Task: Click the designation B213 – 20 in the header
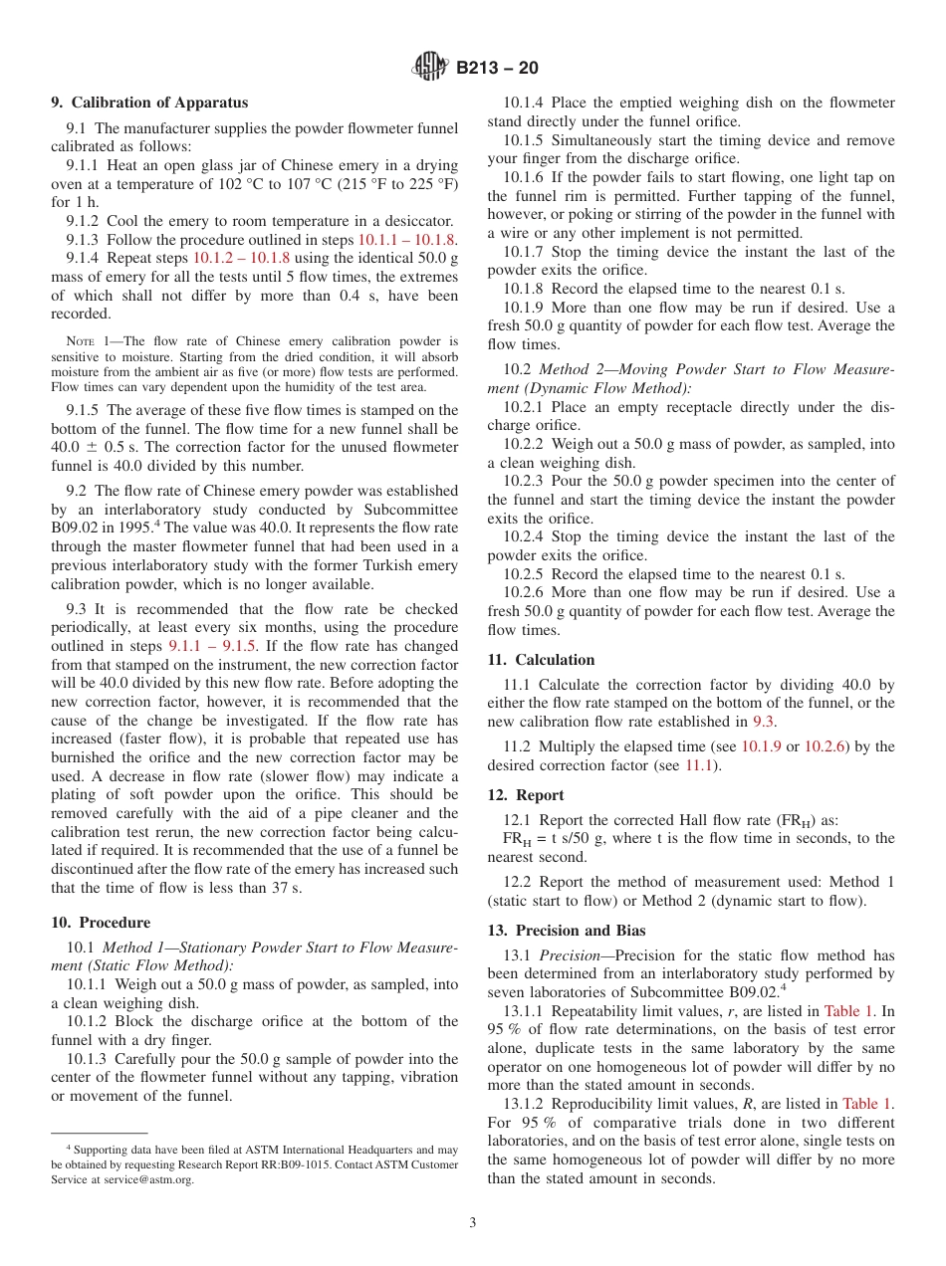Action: point(497,68)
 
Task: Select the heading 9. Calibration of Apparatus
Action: point(149,103)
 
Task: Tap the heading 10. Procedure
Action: point(101,923)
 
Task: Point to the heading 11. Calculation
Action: point(541,660)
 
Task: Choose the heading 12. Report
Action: point(525,795)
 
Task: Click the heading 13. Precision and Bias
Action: point(566,931)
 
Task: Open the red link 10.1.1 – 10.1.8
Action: point(406,240)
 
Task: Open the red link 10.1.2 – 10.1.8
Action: point(241,258)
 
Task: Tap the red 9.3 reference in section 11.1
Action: point(763,722)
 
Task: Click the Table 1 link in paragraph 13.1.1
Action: point(848,1011)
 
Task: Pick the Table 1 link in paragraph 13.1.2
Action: point(867,1103)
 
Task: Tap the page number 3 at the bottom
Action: point(473,1223)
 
